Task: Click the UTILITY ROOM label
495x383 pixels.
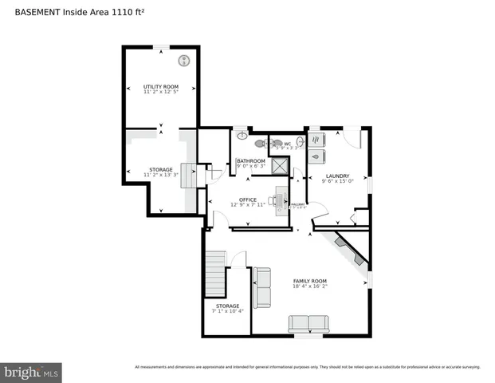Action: tap(160, 86)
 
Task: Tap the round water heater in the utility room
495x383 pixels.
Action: tap(184, 60)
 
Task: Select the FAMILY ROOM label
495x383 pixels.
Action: tap(310, 281)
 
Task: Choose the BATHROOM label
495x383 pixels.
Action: tap(250, 160)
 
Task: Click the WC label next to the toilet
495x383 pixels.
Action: tap(287, 144)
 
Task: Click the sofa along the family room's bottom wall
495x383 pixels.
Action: tap(308, 323)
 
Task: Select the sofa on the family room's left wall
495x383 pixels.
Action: tap(261, 287)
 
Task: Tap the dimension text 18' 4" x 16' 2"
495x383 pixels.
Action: tap(310, 286)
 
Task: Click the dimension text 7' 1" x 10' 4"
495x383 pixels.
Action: tap(227, 311)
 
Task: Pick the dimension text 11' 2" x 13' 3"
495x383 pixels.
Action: tap(160, 175)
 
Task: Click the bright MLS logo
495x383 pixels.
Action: tap(32, 372)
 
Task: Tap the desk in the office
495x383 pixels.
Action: tap(281, 202)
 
